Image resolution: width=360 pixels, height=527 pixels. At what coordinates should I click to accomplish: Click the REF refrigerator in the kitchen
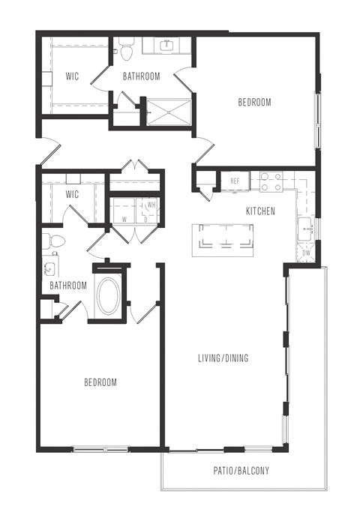[x=235, y=181]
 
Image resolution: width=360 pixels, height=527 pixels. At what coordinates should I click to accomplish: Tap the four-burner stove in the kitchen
[x=271, y=181]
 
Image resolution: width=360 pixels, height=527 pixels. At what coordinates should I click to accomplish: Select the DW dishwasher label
[x=307, y=253]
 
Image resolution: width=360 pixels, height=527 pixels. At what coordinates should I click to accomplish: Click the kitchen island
[x=223, y=241]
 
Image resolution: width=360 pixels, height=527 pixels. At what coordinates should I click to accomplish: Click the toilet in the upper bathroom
[x=127, y=49]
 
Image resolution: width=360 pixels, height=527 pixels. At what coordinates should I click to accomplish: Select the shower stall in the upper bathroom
[x=169, y=112]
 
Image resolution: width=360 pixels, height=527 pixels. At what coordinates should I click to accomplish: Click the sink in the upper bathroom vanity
[x=166, y=46]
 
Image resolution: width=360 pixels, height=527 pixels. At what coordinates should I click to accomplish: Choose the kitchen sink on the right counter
[x=305, y=229]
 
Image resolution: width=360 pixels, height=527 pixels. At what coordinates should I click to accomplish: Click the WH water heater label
[x=151, y=205]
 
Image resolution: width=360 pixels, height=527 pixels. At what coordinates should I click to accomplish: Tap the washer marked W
[x=124, y=211]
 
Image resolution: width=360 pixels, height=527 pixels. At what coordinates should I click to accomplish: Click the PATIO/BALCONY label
[x=241, y=471]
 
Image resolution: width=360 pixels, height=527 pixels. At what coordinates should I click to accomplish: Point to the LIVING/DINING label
[x=223, y=358]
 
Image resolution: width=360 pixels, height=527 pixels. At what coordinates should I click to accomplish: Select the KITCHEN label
[x=260, y=211]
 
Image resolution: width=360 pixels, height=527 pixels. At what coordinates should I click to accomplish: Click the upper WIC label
[x=72, y=76]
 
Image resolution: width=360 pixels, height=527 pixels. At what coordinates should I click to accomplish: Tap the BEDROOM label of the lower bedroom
[x=100, y=382]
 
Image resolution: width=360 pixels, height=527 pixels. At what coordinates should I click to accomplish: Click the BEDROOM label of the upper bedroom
[x=254, y=102]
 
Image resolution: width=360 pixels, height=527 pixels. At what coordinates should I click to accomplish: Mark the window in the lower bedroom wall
[x=100, y=449]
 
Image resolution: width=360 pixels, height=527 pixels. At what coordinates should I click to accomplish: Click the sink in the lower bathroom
[x=49, y=269]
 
